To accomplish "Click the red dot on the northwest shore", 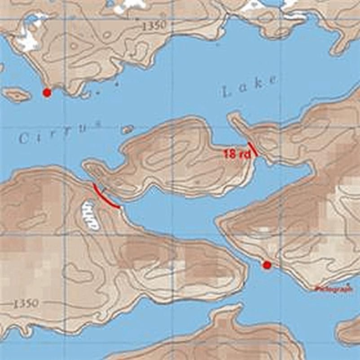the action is [46, 92].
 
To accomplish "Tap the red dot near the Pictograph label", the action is [267, 265].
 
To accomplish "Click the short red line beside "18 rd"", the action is [253, 149].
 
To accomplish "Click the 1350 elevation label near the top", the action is [154, 26].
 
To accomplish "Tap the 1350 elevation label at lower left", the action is [25, 304].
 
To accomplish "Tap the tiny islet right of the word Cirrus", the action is [127, 129].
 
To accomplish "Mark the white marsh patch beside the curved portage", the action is [90, 216].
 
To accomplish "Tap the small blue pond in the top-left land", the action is [31, 19].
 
